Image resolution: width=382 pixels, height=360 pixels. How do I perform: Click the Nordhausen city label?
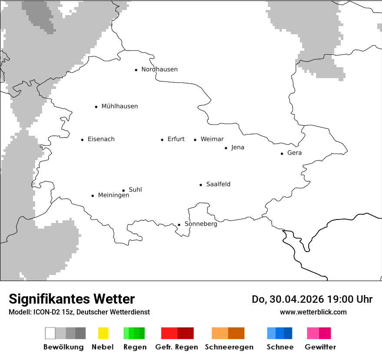tap(159, 69)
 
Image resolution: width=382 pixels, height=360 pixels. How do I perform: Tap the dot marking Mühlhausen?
tap(96, 107)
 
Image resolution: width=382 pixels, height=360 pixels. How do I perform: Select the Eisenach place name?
tap(101, 139)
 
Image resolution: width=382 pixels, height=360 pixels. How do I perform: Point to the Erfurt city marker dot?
tap(162, 140)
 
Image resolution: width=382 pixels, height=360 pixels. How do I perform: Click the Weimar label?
tap(212, 139)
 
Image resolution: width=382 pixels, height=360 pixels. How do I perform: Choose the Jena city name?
tap(237, 147)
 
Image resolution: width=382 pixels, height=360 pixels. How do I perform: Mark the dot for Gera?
tap(282, 154)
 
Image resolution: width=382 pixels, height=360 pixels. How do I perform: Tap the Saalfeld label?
tap(218, 184)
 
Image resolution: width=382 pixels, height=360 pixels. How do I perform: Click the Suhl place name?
tap(135, 190)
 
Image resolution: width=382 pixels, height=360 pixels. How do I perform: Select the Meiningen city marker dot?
tap(93, 196)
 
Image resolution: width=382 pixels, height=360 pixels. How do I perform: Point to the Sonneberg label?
tap(201, 224)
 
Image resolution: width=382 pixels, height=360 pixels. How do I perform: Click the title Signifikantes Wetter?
tap(72, 299)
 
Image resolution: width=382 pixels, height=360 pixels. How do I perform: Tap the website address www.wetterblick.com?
tap(313, 312)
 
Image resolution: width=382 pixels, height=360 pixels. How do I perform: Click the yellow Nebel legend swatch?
tap(103, 333)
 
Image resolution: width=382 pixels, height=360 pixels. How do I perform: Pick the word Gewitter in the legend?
tap(320, 347)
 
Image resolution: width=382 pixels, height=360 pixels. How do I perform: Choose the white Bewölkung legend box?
tap(50, 333)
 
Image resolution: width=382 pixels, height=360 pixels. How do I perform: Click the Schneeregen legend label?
tap(229, 347)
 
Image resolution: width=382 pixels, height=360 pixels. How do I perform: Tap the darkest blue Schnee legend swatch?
tap(288, 333)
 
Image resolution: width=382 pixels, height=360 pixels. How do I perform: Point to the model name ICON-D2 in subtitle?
tap(48, 312)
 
